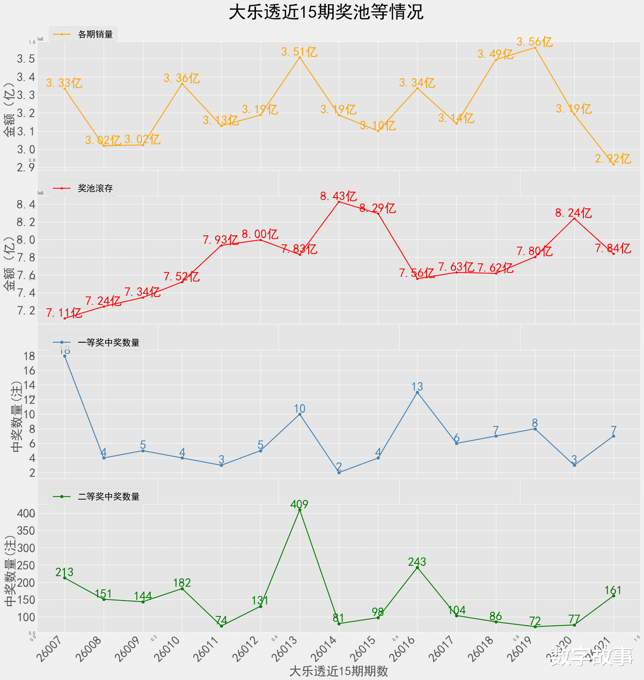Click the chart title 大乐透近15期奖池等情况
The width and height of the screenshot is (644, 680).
(x=326, y=12)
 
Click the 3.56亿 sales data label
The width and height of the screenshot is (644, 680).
(x=535, y=42)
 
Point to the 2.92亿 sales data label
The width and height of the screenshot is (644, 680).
(x=613, y=158)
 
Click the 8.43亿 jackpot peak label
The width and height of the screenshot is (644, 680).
(x=339, y=196)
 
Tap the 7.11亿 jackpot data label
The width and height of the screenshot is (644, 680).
(x=64, y=313)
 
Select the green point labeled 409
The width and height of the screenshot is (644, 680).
(x=299, y=510)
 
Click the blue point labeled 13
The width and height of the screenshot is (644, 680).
(x=417, y=393)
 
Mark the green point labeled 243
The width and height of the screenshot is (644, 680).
(x=417, y=567)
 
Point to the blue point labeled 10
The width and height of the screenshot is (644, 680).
(x=299, y=414)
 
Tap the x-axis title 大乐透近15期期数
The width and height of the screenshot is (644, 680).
(x=338, y=671)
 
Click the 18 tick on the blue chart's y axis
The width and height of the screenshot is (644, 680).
(x=29, y=356)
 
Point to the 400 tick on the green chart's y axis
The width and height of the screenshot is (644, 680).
(x=26, y=513)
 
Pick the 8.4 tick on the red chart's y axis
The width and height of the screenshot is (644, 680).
(x=26, y=204)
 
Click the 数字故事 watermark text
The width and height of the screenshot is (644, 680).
(x=591, y=656)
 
